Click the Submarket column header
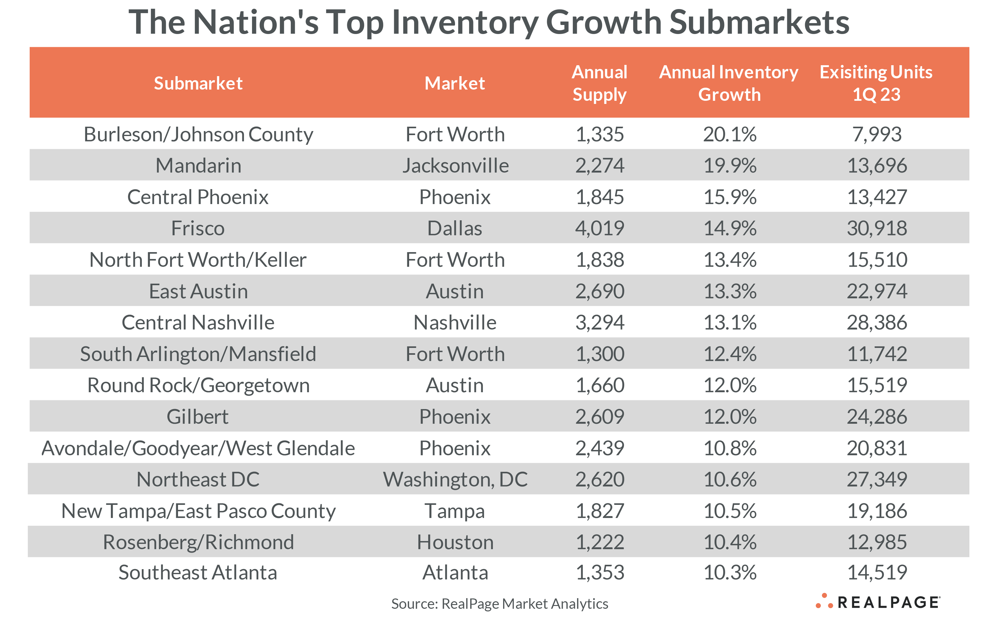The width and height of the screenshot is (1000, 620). click(198, 83)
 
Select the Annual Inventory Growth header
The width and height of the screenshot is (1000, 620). click(729, 83)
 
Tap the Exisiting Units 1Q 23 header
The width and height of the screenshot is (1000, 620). click(876, 83)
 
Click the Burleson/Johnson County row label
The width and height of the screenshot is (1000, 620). click(198, 134)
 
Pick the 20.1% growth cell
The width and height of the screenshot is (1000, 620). click(730, 134)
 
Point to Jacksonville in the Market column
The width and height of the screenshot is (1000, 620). click(455, 166)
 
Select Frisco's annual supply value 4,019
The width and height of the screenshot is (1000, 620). click(600, 228)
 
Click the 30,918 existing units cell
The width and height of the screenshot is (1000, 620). click(877, 228)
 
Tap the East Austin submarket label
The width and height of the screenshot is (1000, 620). click(198, 291)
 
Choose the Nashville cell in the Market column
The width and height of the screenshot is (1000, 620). click(455, 323)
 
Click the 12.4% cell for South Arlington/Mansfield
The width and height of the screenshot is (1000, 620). click(730, 354)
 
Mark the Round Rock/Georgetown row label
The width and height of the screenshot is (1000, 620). click(198, 385)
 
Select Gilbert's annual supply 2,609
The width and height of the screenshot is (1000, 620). click(600, 417)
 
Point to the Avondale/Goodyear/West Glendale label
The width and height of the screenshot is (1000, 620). click(198, 448)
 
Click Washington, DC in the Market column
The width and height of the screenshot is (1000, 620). click(455, 479)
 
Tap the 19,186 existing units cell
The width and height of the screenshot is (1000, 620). click(877, 511)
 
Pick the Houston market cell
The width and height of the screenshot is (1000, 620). click(455, 542)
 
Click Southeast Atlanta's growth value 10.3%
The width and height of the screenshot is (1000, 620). click(730, 573)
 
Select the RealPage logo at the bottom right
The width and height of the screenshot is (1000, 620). click(878, 602)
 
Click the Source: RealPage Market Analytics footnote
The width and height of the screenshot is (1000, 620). click(499, 603)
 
